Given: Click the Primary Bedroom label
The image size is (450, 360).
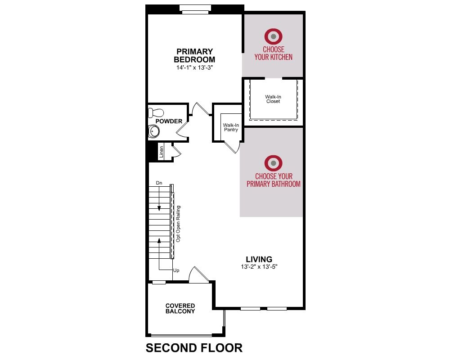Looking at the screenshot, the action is [194, 55].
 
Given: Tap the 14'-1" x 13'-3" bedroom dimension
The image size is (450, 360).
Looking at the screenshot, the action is [194, 68].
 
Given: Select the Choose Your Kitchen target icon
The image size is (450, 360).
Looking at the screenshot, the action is [273, 36].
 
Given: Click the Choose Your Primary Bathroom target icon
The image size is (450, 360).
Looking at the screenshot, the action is [273, 163].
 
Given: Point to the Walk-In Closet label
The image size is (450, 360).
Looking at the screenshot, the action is [273, 99].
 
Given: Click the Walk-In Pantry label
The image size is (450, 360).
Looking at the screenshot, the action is [231, 127].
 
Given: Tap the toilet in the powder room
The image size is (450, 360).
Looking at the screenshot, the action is [156, 112].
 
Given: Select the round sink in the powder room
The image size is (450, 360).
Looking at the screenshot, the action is [154, 132].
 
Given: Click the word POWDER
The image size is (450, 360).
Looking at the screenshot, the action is [169, 121].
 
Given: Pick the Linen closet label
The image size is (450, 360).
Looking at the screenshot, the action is [161, 152].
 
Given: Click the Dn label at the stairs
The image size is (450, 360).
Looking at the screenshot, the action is [159, 183].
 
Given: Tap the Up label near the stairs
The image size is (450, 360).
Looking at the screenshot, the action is [176, 270].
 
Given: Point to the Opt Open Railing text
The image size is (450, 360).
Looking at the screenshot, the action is [178, 224].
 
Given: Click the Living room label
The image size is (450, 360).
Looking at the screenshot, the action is [259, 259].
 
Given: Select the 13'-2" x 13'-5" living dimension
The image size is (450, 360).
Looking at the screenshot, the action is [259, 267].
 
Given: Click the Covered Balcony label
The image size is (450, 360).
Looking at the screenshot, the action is [180, 308].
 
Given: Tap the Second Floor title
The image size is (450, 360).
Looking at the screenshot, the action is [194, 348].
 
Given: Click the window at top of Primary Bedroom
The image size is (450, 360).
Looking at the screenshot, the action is [195, 9].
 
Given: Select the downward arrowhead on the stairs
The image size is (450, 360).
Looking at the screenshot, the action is [159, 209].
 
